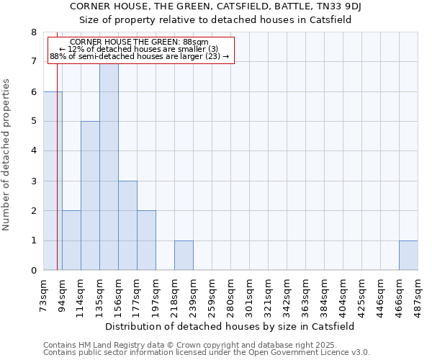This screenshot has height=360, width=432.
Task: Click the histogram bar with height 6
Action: tap(53, 181)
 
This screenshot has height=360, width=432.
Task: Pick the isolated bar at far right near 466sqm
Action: tap(408, 256)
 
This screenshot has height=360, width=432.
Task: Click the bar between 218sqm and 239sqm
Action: tap(184, 256)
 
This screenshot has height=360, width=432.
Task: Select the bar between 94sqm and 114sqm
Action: tap(71, 240)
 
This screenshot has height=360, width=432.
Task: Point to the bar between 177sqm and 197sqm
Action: tap(146, 240)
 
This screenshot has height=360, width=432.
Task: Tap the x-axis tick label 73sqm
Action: tap(44, 294)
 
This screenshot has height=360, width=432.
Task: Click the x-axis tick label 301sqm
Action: tap(249, 294)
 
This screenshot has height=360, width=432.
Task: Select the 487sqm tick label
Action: tap(418, 294)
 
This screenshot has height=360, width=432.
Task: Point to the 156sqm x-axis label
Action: tap(118, 294)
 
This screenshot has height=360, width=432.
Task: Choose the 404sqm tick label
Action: tap(343, 294)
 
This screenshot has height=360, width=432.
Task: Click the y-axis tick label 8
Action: tap(33, 32)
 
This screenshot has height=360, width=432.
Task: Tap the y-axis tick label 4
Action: tap(33, 151)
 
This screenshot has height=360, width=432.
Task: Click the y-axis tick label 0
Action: tap(33, 271)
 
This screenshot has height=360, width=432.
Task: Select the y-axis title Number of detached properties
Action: tap(6, 155)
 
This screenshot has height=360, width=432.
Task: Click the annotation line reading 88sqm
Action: tap(140, 42)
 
